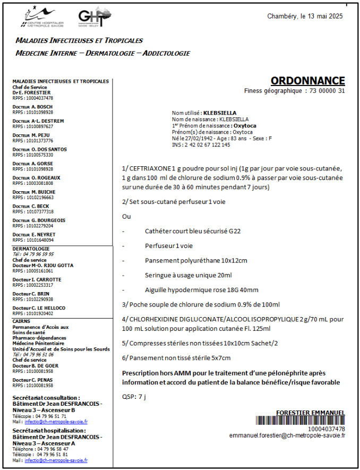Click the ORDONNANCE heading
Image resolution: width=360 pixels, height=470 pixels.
click(x=307, y=81)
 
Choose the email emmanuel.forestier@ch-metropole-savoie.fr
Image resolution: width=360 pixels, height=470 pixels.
click(x=287, y=435)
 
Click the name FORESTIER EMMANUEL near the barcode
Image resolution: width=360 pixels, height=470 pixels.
click(x=311, y=413)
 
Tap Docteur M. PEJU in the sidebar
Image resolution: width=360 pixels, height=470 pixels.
click(x=31, y=135)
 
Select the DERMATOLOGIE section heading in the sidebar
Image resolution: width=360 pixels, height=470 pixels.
click(x=31, y=249)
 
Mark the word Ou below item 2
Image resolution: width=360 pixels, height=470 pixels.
click(x=126, y=217)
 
